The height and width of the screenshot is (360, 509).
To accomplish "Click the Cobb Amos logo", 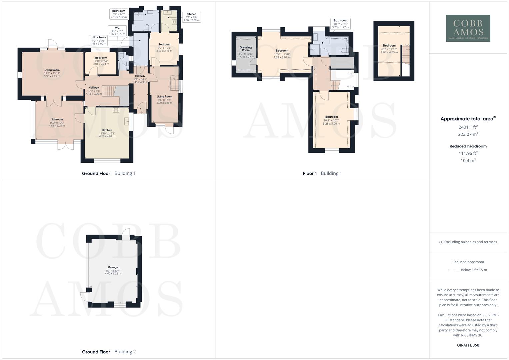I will coord(468,28).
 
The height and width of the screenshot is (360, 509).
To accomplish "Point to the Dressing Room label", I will coord(245,52).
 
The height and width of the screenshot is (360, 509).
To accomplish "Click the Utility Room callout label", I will coord(98,40).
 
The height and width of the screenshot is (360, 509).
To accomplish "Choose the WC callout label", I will coord(117,31).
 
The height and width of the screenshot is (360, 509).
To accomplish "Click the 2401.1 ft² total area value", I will coord(468,127).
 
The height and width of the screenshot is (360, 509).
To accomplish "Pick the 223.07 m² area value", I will coord(468,134).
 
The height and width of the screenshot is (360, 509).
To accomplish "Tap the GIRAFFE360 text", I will coord(468,345).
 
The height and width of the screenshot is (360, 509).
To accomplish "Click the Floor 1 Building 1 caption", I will coord(322,173).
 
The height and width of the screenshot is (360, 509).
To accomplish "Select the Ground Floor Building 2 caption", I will coord(109,352).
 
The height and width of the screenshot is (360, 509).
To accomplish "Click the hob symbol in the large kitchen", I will coord(116,110).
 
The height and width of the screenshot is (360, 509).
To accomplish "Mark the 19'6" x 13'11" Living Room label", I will coord(52,73).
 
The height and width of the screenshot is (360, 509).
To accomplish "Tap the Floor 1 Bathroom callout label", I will coord(340,24).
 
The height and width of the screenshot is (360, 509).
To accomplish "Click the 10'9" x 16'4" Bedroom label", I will coord(331,120).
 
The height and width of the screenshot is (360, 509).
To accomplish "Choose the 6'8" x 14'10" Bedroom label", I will coord(389,49).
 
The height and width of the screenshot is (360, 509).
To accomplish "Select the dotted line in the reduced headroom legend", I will coord(454,270).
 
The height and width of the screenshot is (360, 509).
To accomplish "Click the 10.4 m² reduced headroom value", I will coord(468,160).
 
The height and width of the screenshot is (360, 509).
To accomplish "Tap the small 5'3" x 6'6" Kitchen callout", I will coord(191,17).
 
